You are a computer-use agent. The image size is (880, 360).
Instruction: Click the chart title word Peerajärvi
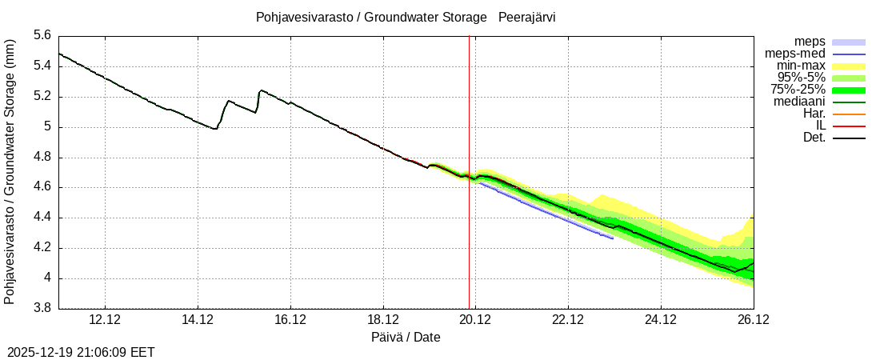[527, 17]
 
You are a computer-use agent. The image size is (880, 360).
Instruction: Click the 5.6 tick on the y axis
[42, 36]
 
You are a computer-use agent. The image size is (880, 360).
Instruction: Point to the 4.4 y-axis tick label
[42, 218]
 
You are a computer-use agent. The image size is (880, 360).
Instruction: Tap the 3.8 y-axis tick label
[42, 309]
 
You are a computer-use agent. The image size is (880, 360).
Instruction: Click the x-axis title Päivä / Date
[406, 338]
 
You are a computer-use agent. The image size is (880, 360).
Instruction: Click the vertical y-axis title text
[10, 172]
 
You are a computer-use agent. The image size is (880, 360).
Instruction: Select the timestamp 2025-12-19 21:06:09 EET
[81, 352]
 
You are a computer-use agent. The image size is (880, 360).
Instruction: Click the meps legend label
[810, 42]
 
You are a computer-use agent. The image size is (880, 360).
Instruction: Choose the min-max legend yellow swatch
[849, 66]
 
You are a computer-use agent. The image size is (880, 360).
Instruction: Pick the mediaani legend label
[799, 102]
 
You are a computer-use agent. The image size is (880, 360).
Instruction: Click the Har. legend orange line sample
[849, 114]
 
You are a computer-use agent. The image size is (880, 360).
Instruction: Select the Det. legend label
[814, 138]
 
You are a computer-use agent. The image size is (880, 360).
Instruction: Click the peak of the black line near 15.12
[261, 90]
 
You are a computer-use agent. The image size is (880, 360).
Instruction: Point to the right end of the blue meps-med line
[613, 238]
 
